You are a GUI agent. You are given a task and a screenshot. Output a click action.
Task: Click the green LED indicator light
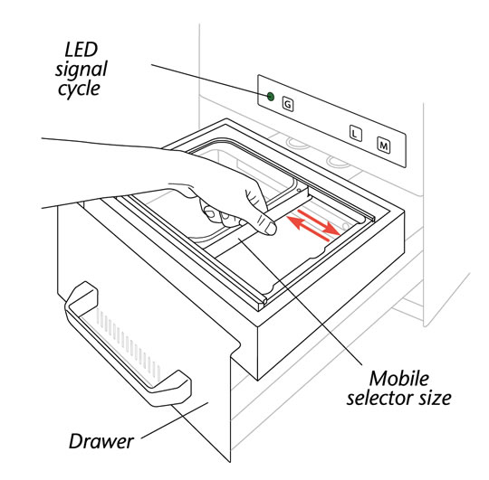tap(271, 97)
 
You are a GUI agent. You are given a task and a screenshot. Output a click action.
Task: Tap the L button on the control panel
tap(355, 133)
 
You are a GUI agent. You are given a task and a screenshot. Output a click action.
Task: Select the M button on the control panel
tap(384, 145)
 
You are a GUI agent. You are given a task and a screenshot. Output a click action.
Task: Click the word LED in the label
tap(81, 50)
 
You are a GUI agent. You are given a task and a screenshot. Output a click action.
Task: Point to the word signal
tap(81, 70)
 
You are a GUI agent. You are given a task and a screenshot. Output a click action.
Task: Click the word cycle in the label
tap(79, 89)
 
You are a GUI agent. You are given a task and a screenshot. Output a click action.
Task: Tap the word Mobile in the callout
tap(399, 379)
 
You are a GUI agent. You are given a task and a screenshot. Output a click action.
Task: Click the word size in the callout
tap(436, 398)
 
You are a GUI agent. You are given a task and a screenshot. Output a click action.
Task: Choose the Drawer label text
tap(101, 441)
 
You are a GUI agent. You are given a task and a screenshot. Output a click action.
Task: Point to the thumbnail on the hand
tap(268, 228)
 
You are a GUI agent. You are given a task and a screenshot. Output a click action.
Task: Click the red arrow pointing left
tap(308, 229)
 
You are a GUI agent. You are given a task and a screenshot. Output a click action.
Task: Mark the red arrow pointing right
tap(319, 222)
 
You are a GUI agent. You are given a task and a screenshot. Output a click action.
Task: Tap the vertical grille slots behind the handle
tap(129, 345)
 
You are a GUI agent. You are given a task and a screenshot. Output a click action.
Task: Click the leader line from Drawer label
tap(175, 420)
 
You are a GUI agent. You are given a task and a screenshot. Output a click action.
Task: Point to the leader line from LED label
tap(209, 80)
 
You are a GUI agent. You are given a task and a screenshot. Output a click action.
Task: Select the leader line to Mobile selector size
tap(300, 301)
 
